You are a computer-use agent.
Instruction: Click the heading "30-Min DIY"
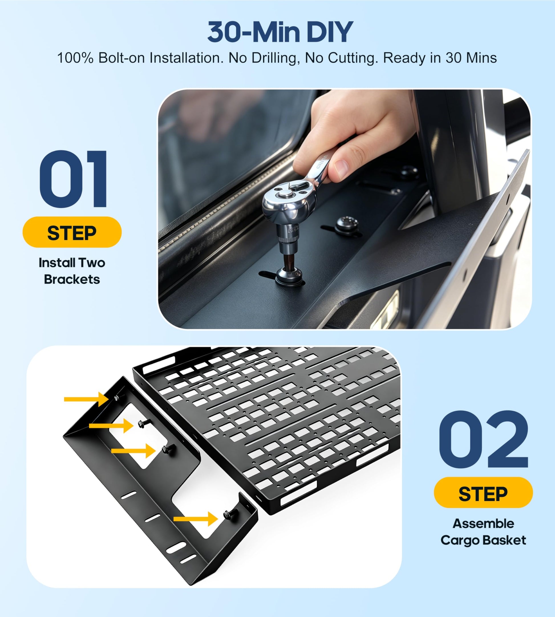pyautogui.click(x=280, y=32)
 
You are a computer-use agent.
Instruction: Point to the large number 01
pyautogui.click(x=73, y=179)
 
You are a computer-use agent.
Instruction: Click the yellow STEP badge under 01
pyautogui.click(x=72, y=232)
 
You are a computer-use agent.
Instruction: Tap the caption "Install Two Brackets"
pyautogui.click(x=72, y=271)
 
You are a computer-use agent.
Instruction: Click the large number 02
pyautogui.click(x=483, y=439)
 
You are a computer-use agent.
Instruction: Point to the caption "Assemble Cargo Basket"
pyautogui.click(x=483, y=532)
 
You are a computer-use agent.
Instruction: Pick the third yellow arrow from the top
pyautogui.click(x=133, y=450)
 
